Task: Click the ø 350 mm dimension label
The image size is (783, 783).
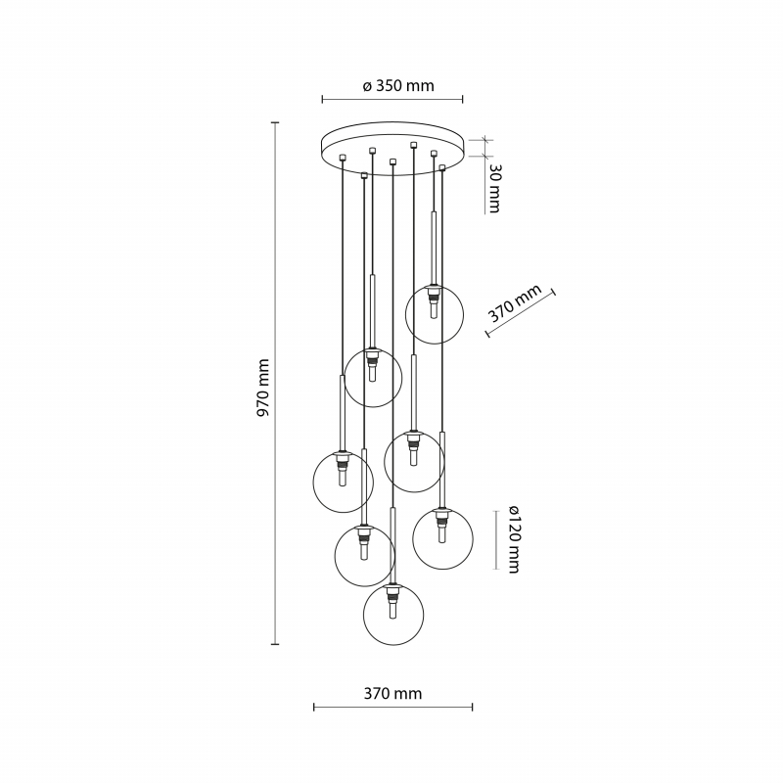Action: click(x=398, y=86)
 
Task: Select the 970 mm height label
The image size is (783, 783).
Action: click(x=262, y=388)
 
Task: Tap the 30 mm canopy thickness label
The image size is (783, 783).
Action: click(x=494, y=188)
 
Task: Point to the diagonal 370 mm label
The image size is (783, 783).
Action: click(x=514, y=303)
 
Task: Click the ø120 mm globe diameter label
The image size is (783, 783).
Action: click(x=515, y=539)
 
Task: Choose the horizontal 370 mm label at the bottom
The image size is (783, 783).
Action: click(x=392, y=694)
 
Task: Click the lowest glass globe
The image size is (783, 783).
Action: click(x=393, y=616)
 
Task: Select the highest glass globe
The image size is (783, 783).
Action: click(x=435, y=314)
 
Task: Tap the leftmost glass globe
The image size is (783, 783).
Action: click(x=344, y=482)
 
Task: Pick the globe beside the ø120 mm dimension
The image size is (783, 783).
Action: click(x=442, y=539)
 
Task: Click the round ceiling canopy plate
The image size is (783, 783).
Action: click(x=392, y=149)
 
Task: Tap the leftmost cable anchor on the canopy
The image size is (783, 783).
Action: click(x=342, y=158)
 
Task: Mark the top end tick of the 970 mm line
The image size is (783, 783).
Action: click(x=275, y=122)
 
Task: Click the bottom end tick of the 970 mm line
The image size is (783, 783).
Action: click(x=275, y=645)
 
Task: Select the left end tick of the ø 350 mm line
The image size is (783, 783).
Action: click(x=323, y=100)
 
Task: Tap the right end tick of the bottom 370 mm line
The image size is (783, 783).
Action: click(x=472, y=707)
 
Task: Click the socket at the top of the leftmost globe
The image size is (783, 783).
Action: click(x=343, y=459)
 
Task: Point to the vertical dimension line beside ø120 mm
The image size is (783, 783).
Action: click(x=496, y=540)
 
